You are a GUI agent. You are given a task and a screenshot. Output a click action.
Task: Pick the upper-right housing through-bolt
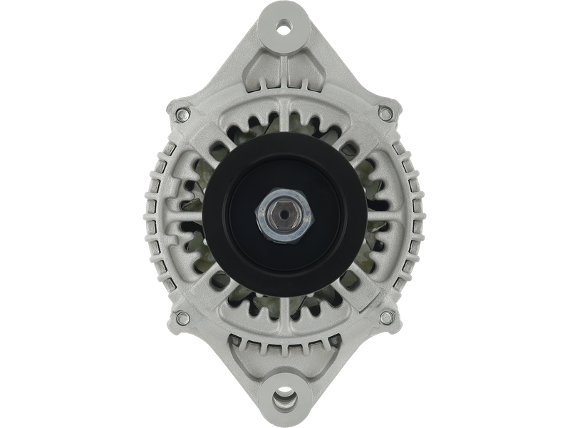387,111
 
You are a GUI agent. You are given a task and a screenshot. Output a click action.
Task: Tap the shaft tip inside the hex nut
285,213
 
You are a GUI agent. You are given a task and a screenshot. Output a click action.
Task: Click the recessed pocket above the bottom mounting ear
285,357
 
